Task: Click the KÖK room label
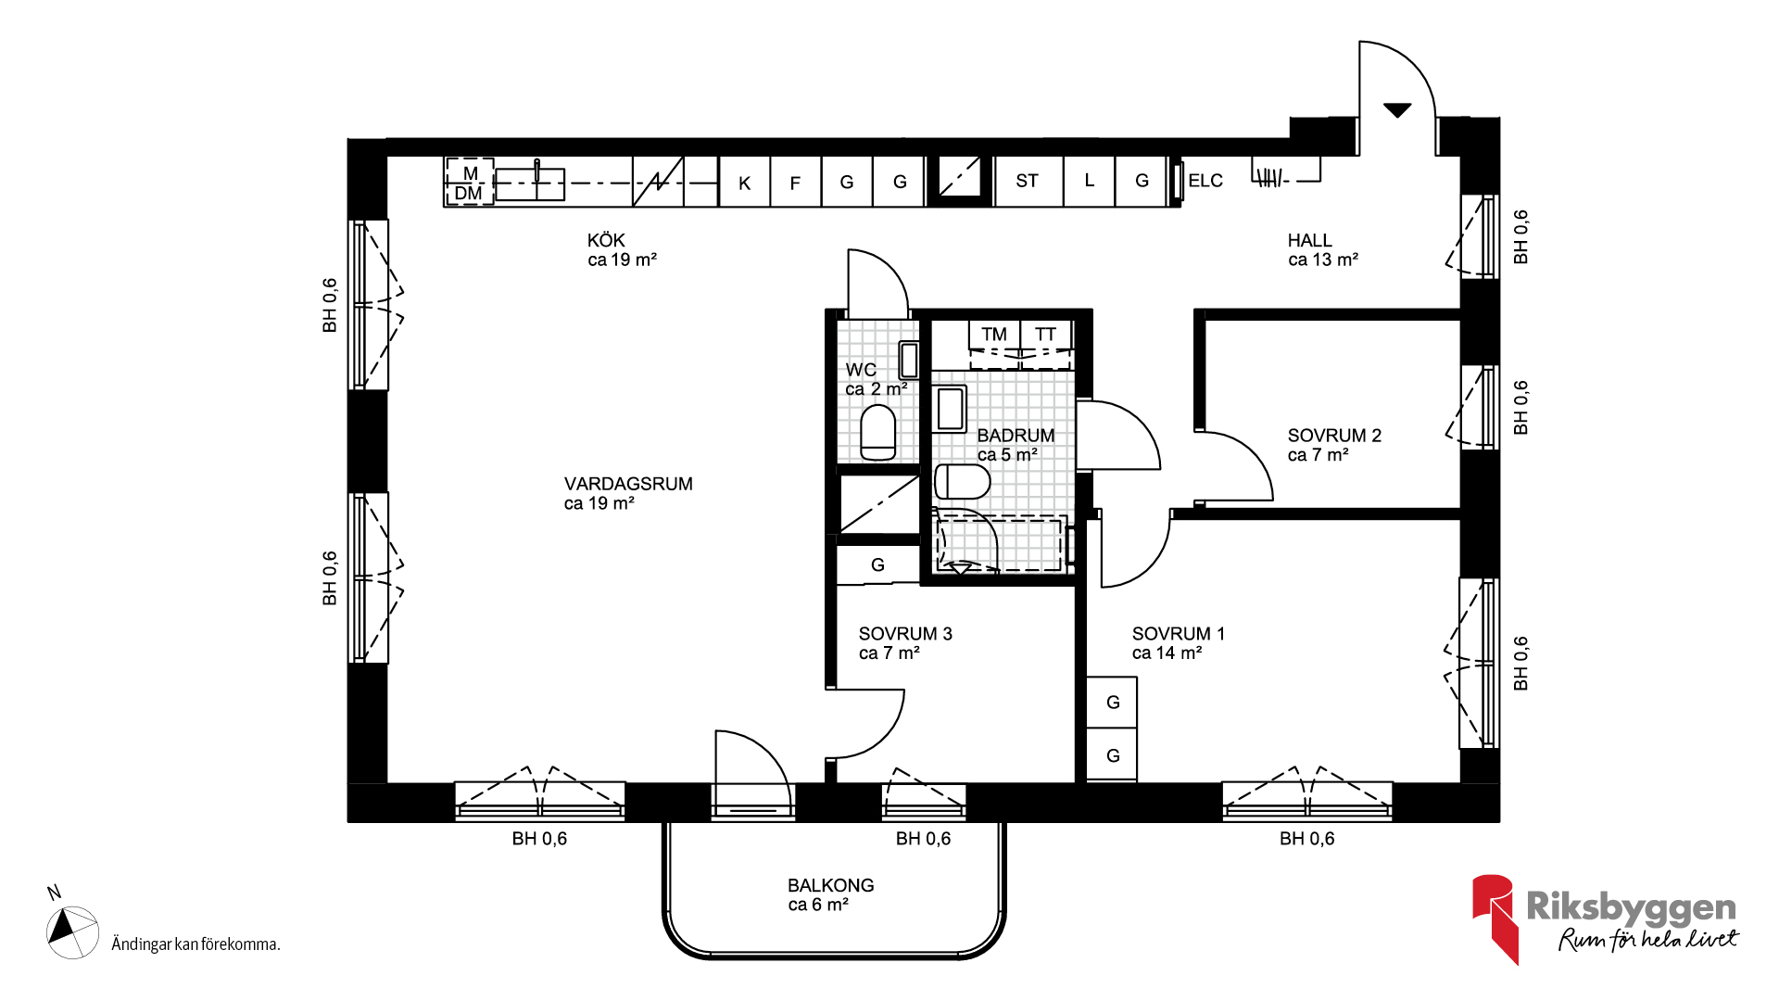point(606,240)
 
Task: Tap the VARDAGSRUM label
point(628,484)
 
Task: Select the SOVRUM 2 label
point(1334,436)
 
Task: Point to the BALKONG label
point(830,885)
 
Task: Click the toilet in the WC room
point(878,433)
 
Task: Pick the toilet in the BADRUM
point(962,482)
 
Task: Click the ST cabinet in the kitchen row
point(1028,181)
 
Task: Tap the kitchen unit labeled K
point(744,182)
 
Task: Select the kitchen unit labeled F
point(795,182)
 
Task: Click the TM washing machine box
point(994,335)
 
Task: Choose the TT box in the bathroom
point(1046,335)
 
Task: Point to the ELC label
point(1205,181)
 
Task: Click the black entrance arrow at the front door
point(1397,110)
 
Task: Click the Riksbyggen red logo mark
point(1494,918)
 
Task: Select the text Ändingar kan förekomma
point(196,944)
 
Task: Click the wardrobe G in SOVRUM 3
point(877,564)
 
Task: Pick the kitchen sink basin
point(530,184)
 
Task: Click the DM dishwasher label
point(468,194)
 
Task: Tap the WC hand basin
point(909,360)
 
